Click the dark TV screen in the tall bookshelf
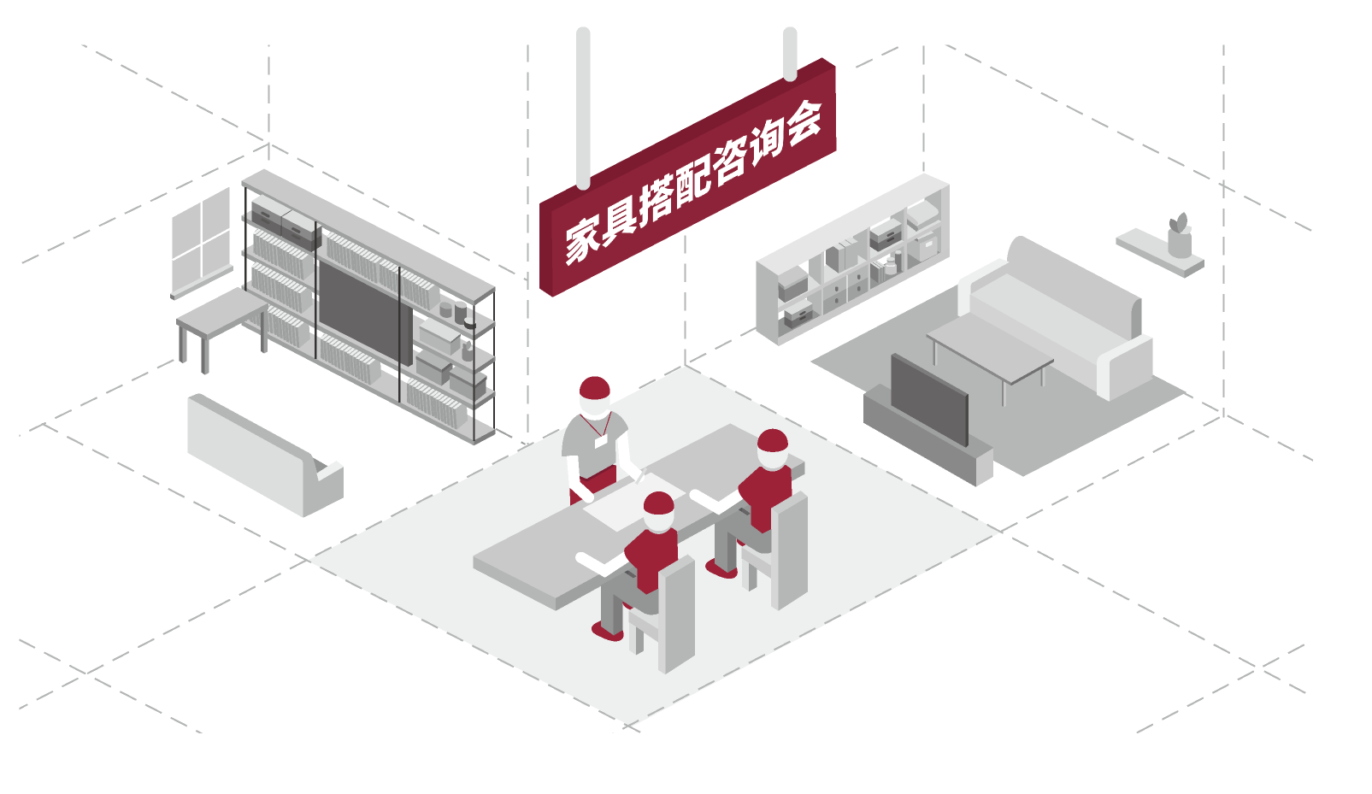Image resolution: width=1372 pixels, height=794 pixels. click(365, 313)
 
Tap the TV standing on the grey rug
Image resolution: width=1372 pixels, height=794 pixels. click(929, 399)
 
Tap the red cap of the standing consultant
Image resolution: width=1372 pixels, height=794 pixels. click(594, 388)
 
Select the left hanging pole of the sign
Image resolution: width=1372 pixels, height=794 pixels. click(583, 108)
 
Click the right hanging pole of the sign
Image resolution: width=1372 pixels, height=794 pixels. click(790, 54)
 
